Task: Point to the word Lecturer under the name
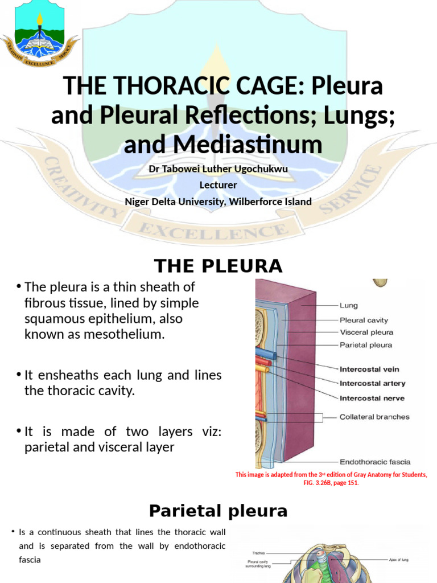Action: click(x=218, y=184)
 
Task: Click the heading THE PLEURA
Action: click(x=218, y=266)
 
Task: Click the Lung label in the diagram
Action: click(x=348, y=306)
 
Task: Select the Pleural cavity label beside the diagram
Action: click(x=363, y=320)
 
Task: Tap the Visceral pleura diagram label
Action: click(x=366, y=332)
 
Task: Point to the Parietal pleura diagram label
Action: click(x=365, y=345)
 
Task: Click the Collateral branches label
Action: click(x=374, y=417)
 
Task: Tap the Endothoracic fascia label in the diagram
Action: click(x=374, y=462)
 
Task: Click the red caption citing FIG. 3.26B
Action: click(x=331, y=478)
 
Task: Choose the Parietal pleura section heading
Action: click(x=218, y=511)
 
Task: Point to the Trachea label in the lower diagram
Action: click(x=259, y=552)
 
